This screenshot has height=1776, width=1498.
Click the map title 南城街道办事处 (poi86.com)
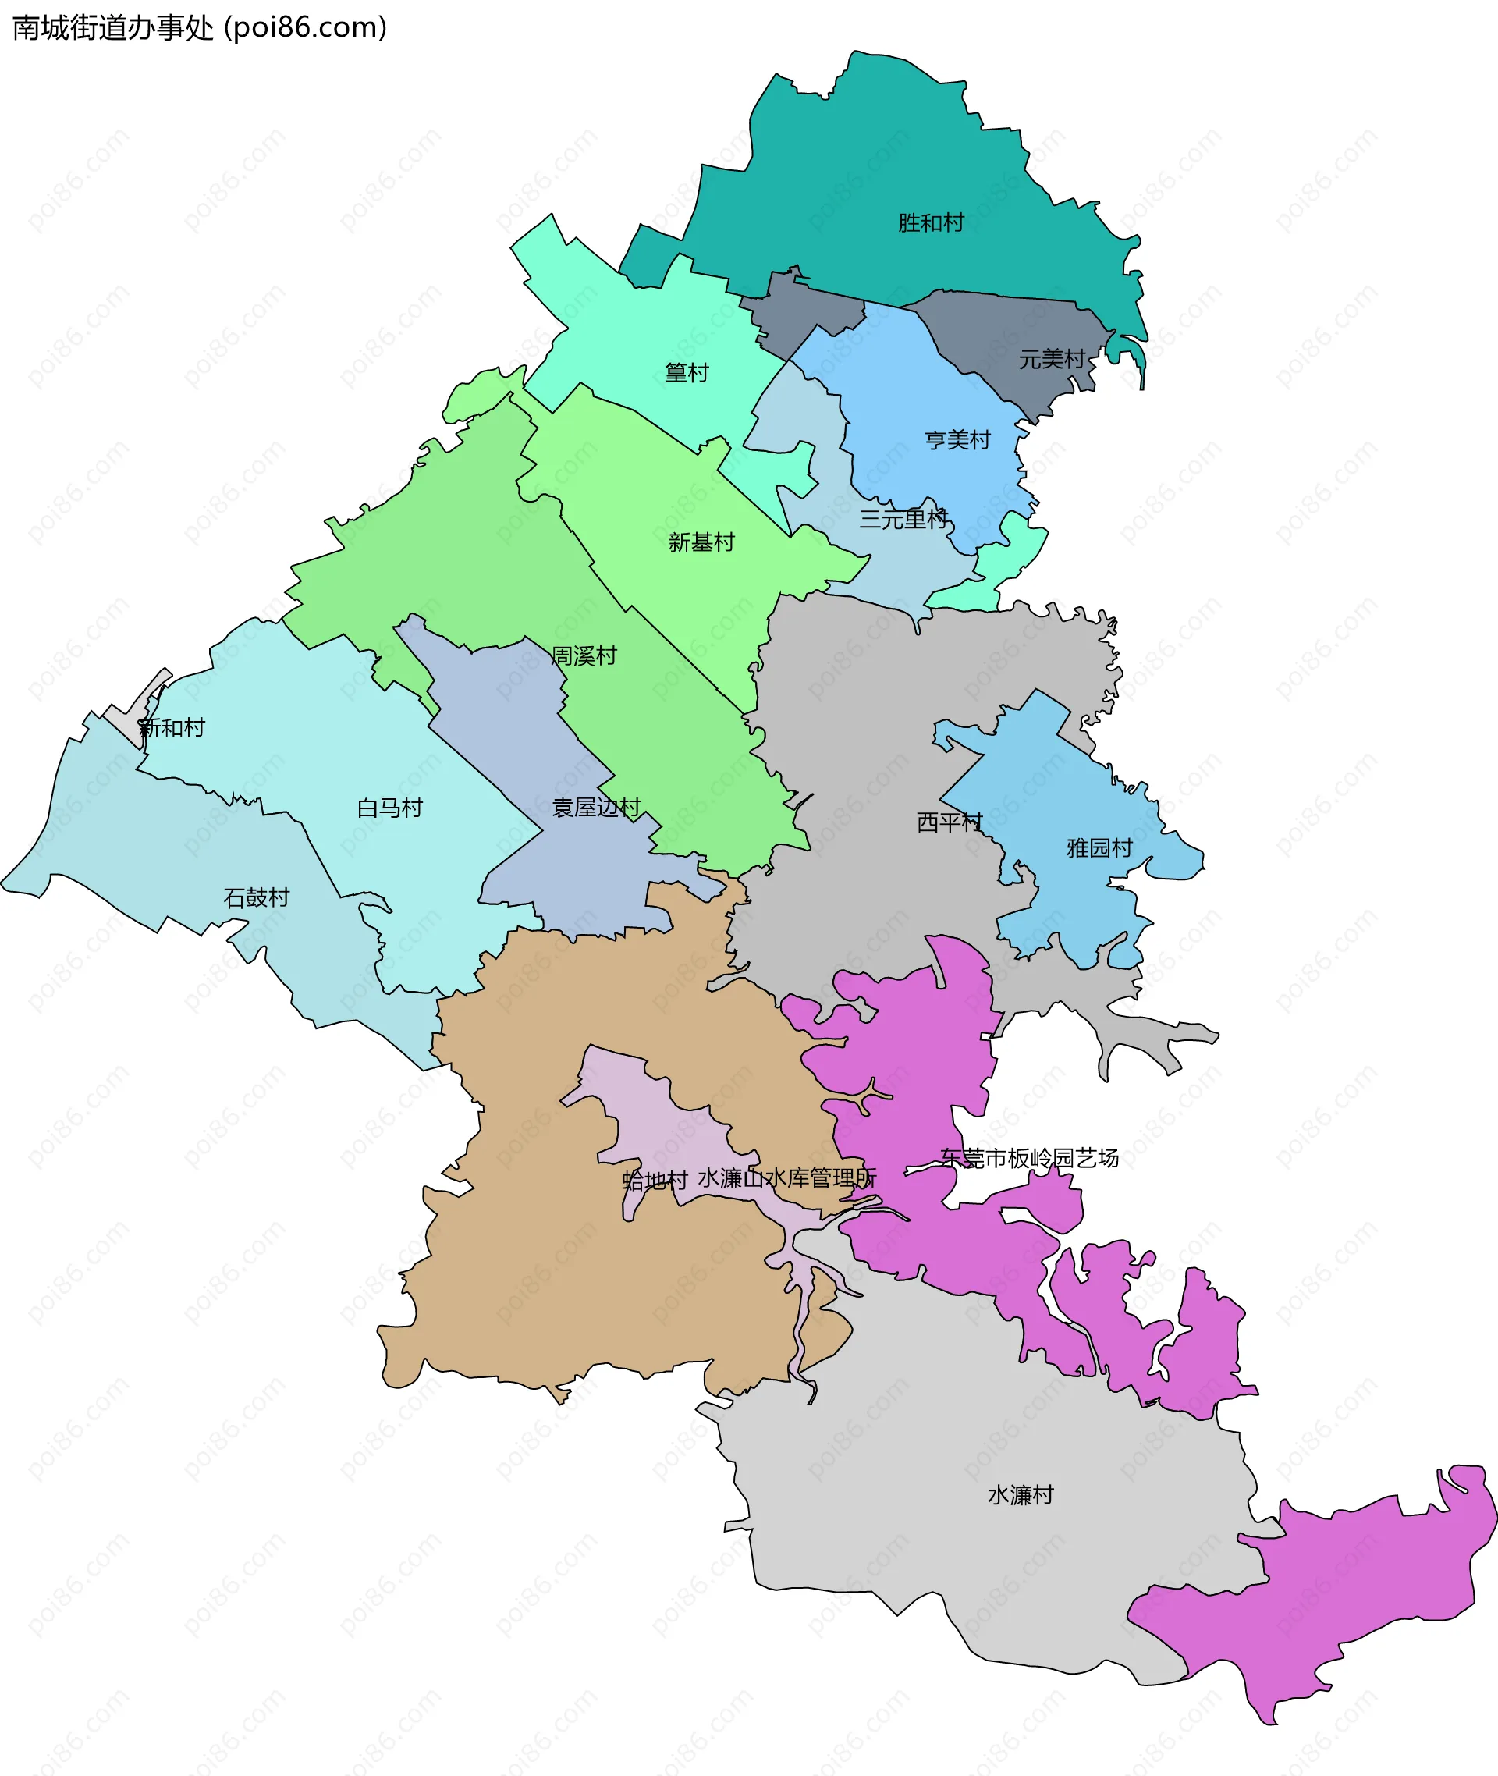pos(200,28)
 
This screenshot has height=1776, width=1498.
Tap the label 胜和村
pos(931,222)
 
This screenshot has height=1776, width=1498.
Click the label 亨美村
pos(957,440)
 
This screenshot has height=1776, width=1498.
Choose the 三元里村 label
pos(903,518)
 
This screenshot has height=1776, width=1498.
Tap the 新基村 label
pos(701,542)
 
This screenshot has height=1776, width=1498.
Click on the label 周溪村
pos(584,655)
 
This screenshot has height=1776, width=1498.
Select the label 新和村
pos(172,728)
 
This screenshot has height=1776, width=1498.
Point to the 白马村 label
pos(390,808)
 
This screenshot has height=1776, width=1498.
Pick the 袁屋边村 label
pos(595,807)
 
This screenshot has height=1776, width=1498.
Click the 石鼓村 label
pos(257,898)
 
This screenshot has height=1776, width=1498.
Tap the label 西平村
pos(949,822)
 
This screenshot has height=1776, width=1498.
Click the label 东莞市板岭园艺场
pos(1029,1158)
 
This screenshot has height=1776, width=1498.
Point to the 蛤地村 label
pos(655,1180)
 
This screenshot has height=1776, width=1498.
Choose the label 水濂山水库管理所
pos(786,1178)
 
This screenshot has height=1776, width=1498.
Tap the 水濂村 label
pos(1020,1495)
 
